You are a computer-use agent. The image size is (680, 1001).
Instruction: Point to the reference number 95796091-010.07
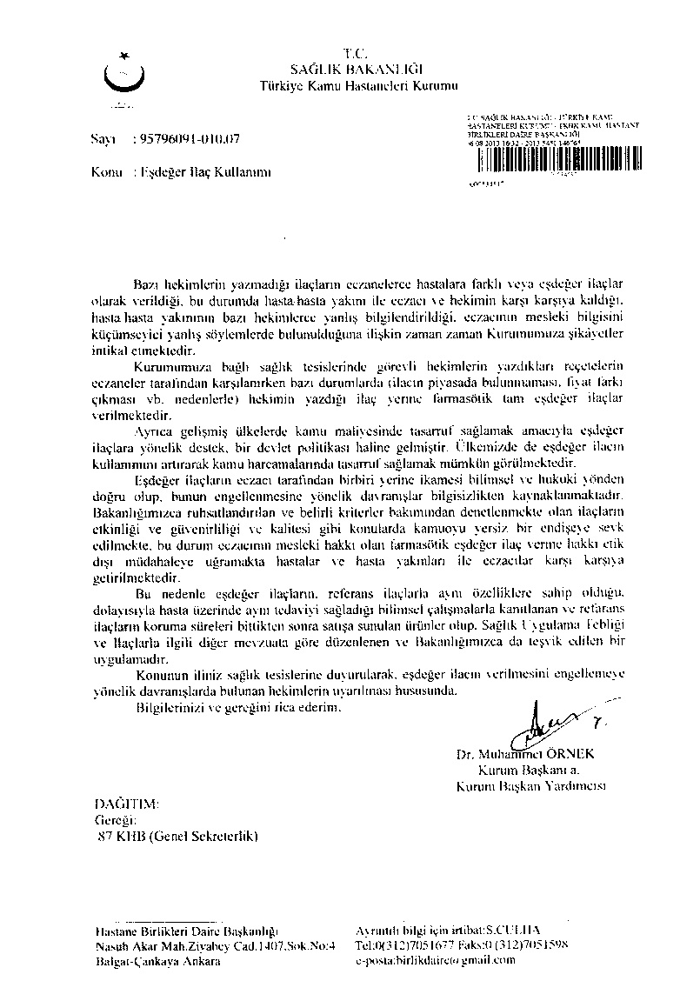186,138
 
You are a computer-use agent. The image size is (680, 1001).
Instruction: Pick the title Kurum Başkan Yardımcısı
530,785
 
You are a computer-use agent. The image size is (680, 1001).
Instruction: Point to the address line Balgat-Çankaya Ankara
146,961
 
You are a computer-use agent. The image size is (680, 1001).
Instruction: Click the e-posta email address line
436,961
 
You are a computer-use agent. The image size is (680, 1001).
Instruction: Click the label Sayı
103,138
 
